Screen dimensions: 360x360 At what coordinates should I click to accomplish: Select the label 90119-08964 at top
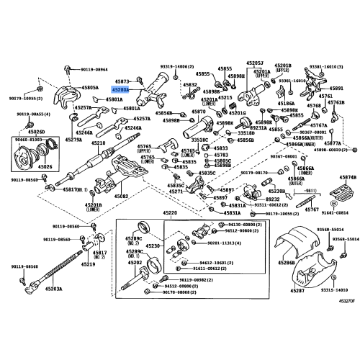93,70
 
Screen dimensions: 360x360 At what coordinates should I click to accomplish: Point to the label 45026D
36,132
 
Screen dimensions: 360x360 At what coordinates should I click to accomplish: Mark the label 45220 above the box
170,214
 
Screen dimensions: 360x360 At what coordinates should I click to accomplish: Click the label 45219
89,264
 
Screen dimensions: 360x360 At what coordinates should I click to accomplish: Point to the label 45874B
348,177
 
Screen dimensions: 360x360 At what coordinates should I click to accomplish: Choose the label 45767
311,209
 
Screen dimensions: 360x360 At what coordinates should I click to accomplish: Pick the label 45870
197,113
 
